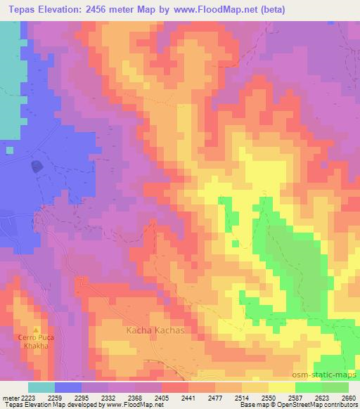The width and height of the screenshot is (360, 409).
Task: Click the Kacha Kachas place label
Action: (x=155, y=330)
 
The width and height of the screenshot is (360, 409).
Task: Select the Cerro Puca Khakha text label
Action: (x=36, y=342)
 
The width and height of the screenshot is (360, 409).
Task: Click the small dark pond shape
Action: (x=36, y=167)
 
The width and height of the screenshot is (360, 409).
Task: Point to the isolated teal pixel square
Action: (x=8, y=149)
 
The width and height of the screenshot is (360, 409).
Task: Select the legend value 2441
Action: (x=187, y=398)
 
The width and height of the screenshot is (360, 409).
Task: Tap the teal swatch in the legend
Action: (x=41, y=387)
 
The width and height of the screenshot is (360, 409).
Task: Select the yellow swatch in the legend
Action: (x=281, y=387)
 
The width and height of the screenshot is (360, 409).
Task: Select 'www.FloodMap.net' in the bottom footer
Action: (x=134, y=405)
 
